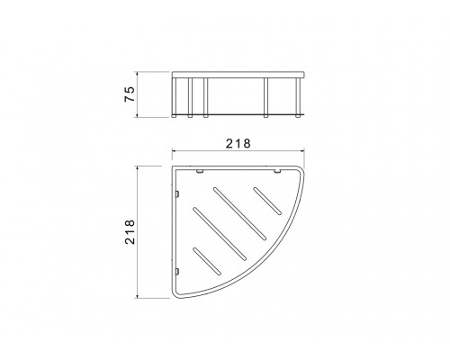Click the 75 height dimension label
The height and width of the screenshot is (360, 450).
point(130,94)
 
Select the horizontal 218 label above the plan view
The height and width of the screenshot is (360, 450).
point(238,144)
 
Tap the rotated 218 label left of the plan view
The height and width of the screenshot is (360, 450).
point(130,232)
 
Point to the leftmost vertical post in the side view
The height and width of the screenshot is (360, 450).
point(174,97)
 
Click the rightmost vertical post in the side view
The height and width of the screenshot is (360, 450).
point(298,97)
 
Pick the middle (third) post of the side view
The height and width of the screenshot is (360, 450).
point(205,97)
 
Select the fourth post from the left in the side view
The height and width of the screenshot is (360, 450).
point(265,97)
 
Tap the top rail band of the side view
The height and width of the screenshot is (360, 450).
point(238,75)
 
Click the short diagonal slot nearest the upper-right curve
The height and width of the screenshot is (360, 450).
point(267,201)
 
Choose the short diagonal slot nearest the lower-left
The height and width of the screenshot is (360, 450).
point(207,261)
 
